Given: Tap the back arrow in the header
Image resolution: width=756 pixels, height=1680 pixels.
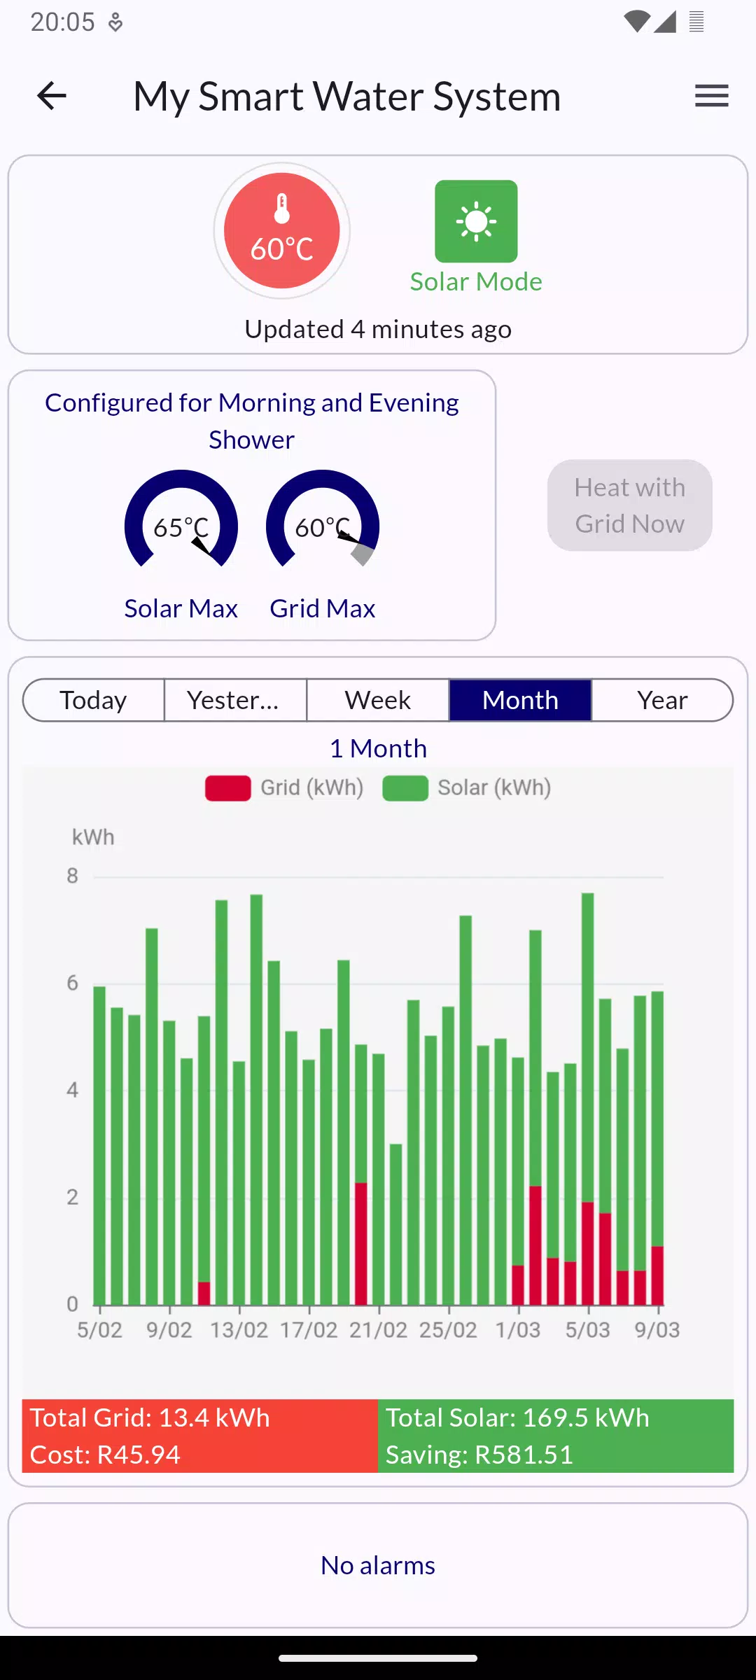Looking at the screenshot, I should [52, 96].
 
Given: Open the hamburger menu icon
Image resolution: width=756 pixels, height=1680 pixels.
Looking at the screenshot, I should [711, 96].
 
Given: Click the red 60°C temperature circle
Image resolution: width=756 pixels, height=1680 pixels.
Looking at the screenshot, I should [282, 231].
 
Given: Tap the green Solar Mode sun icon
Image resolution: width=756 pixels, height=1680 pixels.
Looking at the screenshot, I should [476, 221].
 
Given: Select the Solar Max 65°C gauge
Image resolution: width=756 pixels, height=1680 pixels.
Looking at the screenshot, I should [181, 521].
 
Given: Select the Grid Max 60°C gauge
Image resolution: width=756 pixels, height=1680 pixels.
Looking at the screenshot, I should [323, 521].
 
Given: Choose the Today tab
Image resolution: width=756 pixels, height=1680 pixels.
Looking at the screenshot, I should [94, 700].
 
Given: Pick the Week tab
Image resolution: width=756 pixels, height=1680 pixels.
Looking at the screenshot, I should [378, 700].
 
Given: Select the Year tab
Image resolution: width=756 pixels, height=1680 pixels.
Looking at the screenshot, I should [662, 700].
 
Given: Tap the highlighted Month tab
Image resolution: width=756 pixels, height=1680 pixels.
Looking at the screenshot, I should [520, 700].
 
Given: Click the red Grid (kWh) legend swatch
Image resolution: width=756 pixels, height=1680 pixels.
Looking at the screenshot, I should [228, 787].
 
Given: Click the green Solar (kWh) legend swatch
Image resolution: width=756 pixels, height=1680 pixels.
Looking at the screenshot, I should [405, 787].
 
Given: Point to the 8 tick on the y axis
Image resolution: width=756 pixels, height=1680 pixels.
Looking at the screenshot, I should [72, 876].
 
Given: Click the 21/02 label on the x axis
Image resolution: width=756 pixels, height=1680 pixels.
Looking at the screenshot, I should [378, 1330].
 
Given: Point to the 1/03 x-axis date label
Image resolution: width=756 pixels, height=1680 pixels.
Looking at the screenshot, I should [518, 1330].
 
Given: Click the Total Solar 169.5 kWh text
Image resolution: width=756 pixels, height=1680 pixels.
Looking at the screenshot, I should [517, 1418].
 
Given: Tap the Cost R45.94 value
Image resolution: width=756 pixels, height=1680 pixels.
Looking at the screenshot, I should [105, 1455].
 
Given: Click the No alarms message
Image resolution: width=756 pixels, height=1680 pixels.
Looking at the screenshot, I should [378, 1566].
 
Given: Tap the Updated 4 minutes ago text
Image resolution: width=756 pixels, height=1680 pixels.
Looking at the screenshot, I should [378, 329].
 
